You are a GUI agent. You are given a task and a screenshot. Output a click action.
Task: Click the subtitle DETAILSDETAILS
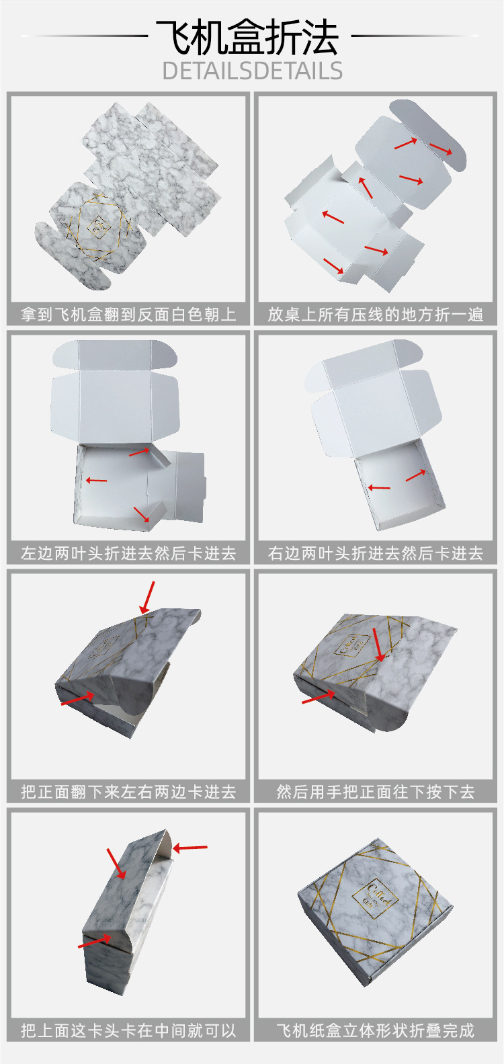[252, 71]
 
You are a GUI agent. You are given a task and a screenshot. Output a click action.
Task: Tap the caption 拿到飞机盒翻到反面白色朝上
[128, 314]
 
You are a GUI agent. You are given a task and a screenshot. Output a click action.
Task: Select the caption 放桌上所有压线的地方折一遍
[376, 314]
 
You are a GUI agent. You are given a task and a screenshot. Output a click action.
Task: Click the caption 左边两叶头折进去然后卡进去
[128, 553]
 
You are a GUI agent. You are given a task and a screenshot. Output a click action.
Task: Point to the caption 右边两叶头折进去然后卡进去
[376, 553]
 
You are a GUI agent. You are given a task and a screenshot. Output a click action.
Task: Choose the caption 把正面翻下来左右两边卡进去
[128, 792]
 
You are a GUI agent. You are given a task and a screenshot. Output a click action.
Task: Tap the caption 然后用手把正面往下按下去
[376, 792]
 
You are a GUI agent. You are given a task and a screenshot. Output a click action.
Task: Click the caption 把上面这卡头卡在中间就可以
[128, 1030]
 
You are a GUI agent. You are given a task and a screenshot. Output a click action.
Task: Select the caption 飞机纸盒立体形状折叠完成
[376, 1030]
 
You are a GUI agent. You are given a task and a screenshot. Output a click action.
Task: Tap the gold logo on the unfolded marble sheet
[99, 225]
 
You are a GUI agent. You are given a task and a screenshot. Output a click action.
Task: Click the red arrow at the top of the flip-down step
[147, 597]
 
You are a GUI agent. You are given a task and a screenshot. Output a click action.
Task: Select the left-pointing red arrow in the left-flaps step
[96, 480]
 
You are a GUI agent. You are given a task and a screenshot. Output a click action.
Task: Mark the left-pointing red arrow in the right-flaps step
[379, 487]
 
